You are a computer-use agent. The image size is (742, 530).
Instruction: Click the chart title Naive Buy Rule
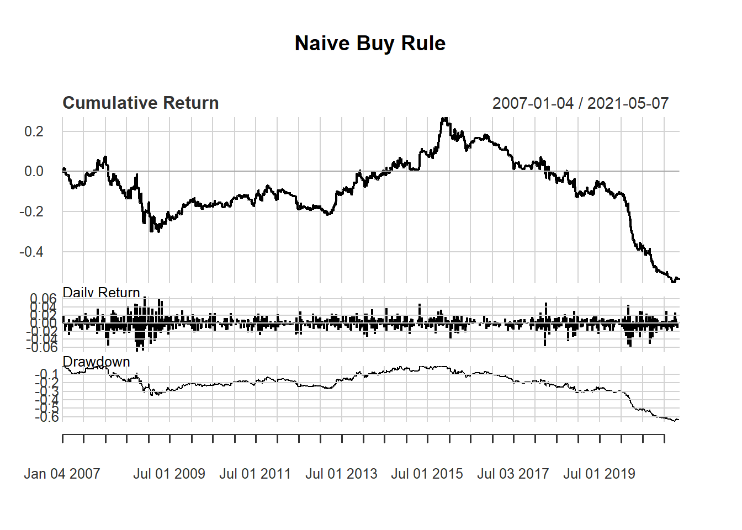coord(370,44)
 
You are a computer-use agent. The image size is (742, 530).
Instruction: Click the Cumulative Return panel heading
coord(141,103)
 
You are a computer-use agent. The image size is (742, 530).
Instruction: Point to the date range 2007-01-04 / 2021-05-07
coord(580,103)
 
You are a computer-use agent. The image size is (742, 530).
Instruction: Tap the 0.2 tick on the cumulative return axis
coord(34,131)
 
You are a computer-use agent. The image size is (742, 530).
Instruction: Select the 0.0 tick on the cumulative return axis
coord(34,172)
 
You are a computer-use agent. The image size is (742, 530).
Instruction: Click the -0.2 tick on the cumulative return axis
coord(31,212)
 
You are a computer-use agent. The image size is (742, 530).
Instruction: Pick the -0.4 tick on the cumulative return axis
coord(31,252)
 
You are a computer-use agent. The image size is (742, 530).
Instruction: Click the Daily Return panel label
coord(102,293)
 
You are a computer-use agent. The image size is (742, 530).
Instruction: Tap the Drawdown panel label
coord(97,362)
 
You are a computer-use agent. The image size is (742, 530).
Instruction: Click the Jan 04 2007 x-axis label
coord(62,474)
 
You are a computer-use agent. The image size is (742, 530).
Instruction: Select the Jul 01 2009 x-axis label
coord(169,474)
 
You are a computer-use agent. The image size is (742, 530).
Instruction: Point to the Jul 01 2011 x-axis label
coord(255,474)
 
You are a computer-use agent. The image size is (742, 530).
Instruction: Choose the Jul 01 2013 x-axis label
coord(341,474)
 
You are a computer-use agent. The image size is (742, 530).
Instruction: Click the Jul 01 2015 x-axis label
coord(427,474)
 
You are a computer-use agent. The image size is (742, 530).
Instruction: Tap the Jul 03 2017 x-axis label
coord(513,474)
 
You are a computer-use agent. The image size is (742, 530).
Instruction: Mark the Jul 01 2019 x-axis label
coord(599,474)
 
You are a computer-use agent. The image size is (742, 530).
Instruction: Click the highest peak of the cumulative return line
coord(444,118)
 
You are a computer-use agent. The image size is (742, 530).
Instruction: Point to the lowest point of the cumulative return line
coord(673,282)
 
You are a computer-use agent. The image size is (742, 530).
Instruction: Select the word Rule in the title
coord(423,44)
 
